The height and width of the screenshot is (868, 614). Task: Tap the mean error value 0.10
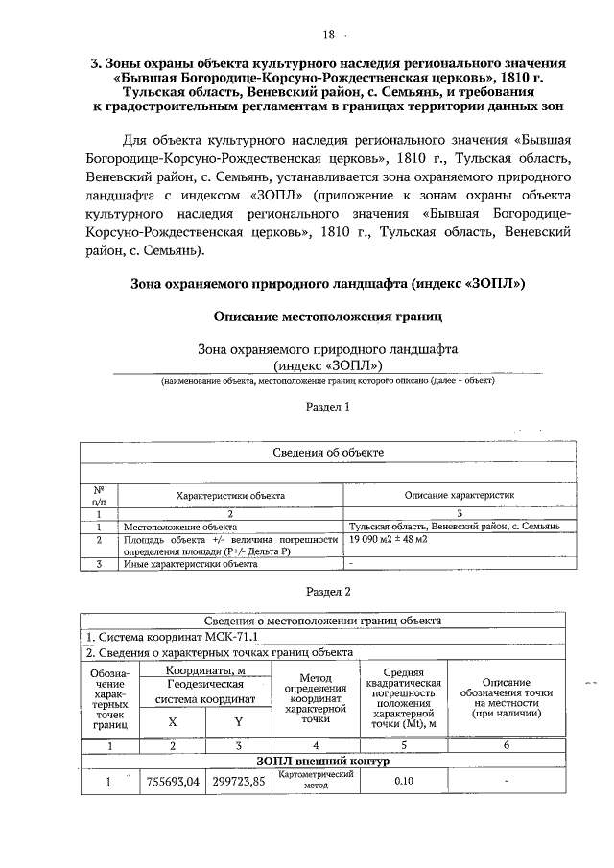(403, 781)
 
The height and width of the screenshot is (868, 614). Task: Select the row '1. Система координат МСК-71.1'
(173, 636)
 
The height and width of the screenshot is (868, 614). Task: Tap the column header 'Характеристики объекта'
(230, 496)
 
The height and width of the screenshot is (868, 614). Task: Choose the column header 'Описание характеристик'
(460, 496)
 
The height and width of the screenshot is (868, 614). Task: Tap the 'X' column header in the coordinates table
(173, 721)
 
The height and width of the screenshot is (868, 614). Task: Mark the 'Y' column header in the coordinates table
(239, 721)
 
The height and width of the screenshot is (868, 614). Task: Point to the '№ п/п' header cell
(98, 495)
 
